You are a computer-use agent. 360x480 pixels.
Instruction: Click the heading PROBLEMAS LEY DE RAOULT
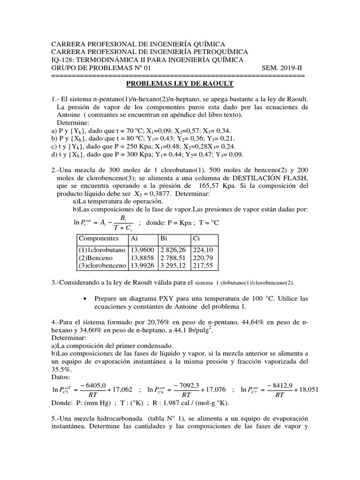[x=180, y=83]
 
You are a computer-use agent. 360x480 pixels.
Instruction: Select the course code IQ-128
[x=63, y=60]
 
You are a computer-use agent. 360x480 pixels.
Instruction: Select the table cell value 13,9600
[x=139, y=250]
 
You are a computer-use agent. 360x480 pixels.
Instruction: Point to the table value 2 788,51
[x=174, y=258]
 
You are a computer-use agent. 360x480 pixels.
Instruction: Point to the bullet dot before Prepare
[x=84, y=299]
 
